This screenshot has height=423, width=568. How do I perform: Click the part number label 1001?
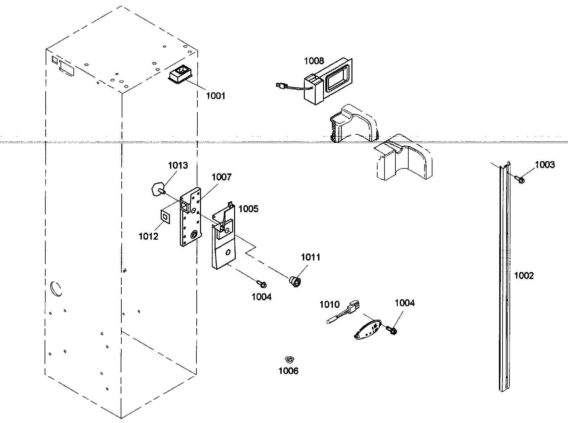[x=215, y=96]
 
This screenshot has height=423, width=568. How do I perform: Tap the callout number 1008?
[x=314, y=61]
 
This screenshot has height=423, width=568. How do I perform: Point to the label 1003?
[x=545, y=164]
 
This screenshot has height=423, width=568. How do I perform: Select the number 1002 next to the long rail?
[x=524, y=276]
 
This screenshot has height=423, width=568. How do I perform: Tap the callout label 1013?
[x=178, y=165]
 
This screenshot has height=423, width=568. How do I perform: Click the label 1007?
[x=222, y=177]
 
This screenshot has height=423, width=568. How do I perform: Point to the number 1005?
[x=248, y=209]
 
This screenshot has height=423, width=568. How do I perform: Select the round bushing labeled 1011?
[x=295, y=282]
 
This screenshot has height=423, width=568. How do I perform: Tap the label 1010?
[x=329, y=305]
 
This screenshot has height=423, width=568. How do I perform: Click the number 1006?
[x=288, y=371]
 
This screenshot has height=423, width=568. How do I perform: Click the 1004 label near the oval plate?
[x=404, y=303]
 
